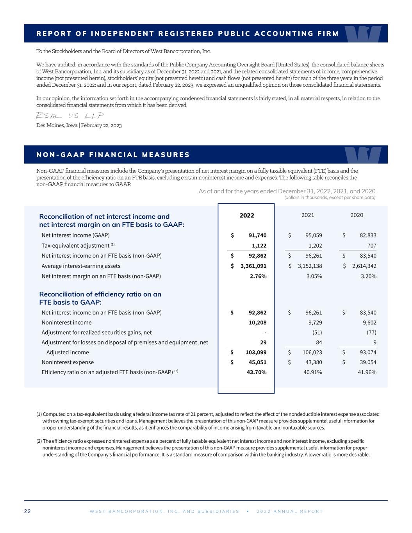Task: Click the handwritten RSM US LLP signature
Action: click(x=70, y=116)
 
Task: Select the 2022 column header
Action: click(x=247, y=216)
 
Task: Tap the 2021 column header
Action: click(x=308, y=215)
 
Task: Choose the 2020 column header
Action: click(x=357, y=215)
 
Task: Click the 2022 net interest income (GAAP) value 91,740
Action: click(x=257, y=235)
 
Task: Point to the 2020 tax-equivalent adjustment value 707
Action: click(x=371, y=246)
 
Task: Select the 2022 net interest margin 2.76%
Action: click(x=258, y=276)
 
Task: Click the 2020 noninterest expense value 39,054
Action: click(x=367, y=362)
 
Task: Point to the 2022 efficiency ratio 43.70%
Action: click(x=257, y=372)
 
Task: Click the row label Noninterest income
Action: click(x=67, y=323)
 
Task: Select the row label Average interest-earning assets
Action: click(x=81, y=266)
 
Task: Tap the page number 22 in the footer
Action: click(x=28, y=511)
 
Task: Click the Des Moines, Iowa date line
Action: click(x=79, y=125)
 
